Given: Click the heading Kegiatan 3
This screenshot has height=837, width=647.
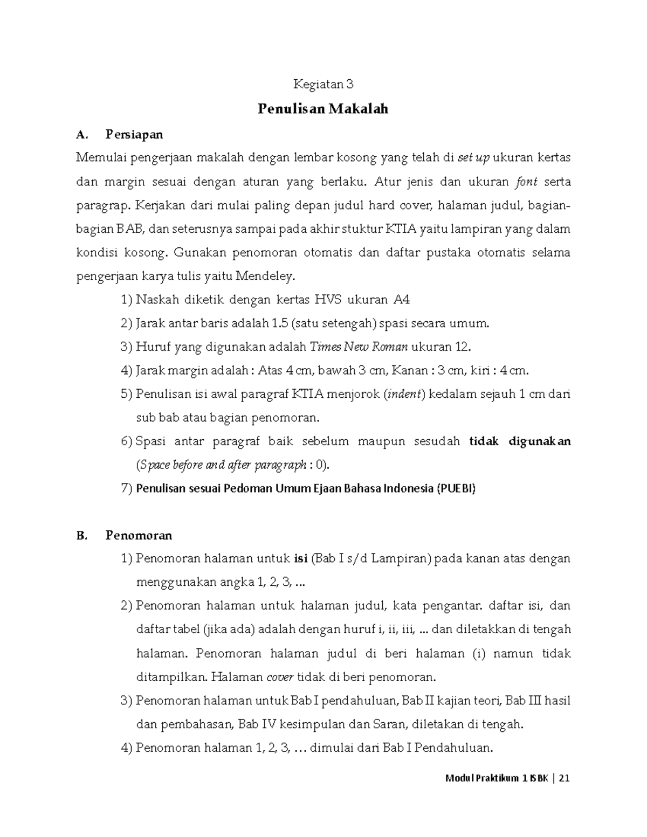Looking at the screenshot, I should [323, 84].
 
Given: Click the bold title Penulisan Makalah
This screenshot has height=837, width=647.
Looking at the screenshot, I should [323, 109].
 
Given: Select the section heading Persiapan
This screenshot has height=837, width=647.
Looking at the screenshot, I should [134, 134].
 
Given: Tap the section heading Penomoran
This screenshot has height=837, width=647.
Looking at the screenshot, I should [139, 535].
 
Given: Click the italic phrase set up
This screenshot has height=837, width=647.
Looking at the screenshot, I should [473, 158].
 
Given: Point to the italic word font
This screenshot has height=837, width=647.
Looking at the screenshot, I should [527, 182].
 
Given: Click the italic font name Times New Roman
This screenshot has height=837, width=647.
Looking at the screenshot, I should [359, 347].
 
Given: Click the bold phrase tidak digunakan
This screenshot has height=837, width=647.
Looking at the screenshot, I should [520, 441].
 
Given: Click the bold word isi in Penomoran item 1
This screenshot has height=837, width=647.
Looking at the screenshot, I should [300, 558].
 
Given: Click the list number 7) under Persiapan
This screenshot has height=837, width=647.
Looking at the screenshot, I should [127, 489].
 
